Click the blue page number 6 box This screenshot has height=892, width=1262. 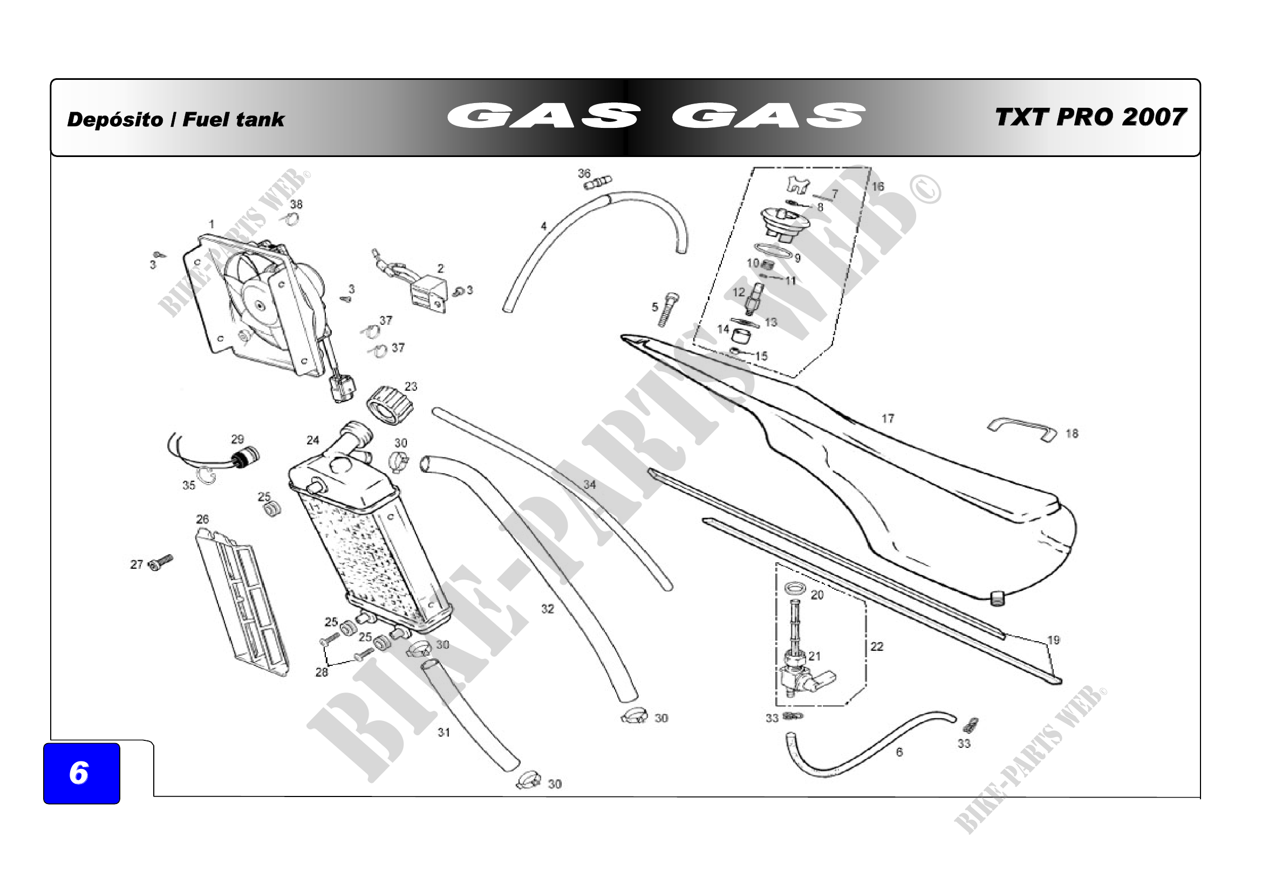click(81, 773)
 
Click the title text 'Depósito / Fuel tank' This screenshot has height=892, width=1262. click(175, 119)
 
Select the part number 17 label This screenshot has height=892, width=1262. click(888, 419)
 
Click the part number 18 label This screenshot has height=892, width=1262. click(1072, 434)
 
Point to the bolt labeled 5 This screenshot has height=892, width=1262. click(668, 309)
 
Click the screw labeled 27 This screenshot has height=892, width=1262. click(160, 562)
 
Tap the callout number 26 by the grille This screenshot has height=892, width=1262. click(202, 519)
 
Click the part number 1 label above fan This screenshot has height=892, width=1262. click(212, 224)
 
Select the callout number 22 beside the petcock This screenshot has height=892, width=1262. click(877, 646)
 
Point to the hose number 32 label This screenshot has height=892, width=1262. click(548, 609)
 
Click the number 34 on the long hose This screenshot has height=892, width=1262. click(589, 484)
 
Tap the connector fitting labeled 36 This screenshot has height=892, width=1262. click(598, 182)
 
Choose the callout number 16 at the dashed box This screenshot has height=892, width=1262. click(878, 186)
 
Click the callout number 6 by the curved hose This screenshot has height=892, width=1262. click(899, 752)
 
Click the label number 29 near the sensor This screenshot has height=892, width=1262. click(237, 439)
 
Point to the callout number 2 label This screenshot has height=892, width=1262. click(440, 268)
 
